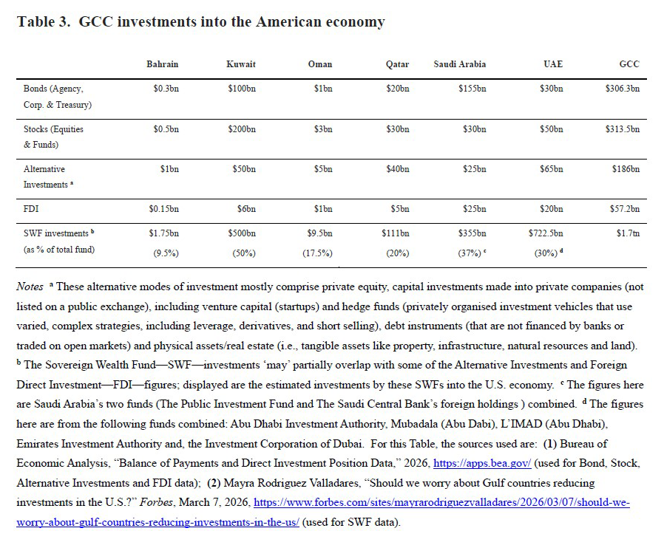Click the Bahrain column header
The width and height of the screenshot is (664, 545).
[x=162, y=64]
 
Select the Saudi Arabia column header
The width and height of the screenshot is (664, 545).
[x=459, y=64]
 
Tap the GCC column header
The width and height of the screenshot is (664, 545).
[x=629, y=64]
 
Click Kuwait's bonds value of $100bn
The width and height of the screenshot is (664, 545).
[x=241, y=89]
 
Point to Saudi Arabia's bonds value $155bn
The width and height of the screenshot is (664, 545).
[x=472, y=89]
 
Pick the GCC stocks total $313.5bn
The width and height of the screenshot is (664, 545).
[x=622, y=129]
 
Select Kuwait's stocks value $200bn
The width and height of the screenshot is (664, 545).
[x=241, y=129]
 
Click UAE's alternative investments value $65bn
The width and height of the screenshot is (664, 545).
[x=551, y=169]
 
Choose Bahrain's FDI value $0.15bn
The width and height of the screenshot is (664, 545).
[x=163, y=210]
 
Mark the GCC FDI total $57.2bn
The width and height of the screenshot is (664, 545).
[x=625, y=210]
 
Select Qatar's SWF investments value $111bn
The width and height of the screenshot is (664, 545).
[x=396, y=233]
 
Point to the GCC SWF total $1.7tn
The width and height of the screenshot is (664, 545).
[x=629, y=233]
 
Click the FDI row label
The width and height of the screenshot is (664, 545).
[x=31, y=210]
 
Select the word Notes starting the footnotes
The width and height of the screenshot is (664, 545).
[x=30, y=287]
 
